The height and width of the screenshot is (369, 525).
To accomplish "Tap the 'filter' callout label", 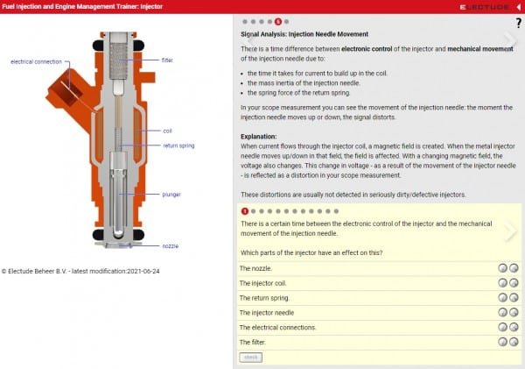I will point(167,60).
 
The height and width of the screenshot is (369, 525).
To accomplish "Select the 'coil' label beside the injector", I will point(167,131).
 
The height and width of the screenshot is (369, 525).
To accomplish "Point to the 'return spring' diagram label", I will point(178,145).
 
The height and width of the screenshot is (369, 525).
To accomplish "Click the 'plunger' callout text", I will point(171,194).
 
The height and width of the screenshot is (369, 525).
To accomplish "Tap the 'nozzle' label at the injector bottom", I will point(171,246).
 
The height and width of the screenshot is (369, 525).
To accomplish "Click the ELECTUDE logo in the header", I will point(482,6).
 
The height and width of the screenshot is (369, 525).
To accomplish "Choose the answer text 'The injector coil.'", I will point(263,283).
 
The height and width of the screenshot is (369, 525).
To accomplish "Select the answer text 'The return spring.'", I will point(265,298).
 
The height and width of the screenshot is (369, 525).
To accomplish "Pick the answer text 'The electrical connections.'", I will point(278,327).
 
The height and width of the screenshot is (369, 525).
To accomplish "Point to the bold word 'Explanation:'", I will point(259,137).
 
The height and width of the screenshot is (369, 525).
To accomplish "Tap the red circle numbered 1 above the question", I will point(245,211).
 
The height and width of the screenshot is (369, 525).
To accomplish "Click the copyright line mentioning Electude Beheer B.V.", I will point(80,271).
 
